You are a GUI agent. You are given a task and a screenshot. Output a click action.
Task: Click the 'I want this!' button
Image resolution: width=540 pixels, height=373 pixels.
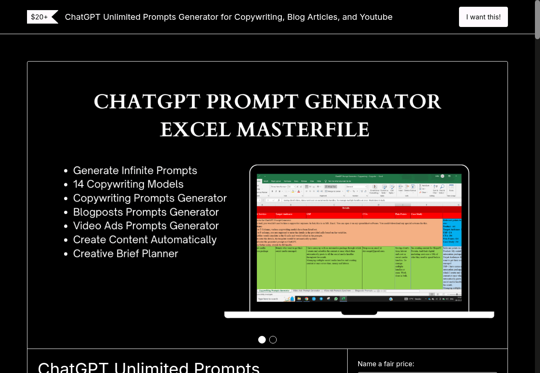[483, 17]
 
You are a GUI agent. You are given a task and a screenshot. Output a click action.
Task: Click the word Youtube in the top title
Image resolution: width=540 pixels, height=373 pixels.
[375, 17]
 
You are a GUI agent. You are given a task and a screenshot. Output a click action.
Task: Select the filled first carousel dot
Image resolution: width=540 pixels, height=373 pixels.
[262, 340]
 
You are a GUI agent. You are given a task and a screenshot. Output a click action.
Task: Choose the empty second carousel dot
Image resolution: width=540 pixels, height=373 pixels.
[273, 340]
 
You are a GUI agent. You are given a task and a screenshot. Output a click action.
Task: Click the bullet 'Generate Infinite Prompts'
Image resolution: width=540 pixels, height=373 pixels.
[135, 170]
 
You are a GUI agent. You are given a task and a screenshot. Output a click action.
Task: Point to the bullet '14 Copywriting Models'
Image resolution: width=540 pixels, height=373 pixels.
[128, 184]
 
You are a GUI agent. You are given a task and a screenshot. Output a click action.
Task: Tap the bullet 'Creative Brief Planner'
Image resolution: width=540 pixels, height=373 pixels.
[126, 253]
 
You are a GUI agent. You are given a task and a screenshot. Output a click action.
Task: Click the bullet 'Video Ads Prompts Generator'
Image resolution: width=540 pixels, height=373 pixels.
[146, 225]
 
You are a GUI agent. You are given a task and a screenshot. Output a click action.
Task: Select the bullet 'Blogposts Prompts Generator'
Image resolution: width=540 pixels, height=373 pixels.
[146, 212]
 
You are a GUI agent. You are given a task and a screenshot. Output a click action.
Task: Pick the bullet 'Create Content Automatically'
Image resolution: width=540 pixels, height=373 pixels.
[145, 239]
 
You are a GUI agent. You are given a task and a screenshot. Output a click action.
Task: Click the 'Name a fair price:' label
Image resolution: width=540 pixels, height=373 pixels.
[386, 364]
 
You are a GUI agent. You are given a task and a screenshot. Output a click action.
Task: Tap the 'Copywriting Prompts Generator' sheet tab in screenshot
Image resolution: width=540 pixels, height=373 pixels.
[274, 290]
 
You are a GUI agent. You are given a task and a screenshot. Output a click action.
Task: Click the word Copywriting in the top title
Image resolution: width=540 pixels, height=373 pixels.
[258, 17]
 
